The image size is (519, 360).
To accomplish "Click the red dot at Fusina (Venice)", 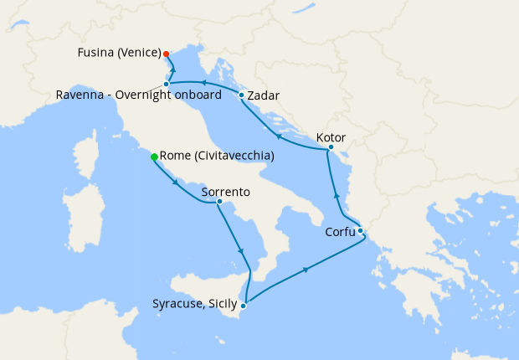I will click(x=167, y=54).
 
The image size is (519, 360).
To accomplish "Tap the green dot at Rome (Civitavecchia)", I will click(x=154, y=157).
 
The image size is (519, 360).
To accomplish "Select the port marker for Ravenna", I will click(x=167, y=84).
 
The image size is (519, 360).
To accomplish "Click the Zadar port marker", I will click(x=241, y=95).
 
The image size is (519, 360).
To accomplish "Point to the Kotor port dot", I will click(x=331, y=147).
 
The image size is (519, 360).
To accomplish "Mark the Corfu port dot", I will click(x=360, y=230).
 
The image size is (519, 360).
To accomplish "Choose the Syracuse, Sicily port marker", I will click(x=244, y=303).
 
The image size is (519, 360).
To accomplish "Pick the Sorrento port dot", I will click(x=218, y=201).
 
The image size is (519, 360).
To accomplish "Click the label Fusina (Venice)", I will click(x=119, y=53).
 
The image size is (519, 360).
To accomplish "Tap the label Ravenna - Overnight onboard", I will click(x=139, y=95).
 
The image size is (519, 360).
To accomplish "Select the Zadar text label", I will click(x=264, y=95).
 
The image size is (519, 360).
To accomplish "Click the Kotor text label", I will click(x=331, y=137).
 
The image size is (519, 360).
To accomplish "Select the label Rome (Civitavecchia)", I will click(x=217, y=157).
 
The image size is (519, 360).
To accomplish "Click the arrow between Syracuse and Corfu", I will click(x=305, y=270).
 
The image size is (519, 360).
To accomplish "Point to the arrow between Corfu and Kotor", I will click(x=336, y=196).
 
